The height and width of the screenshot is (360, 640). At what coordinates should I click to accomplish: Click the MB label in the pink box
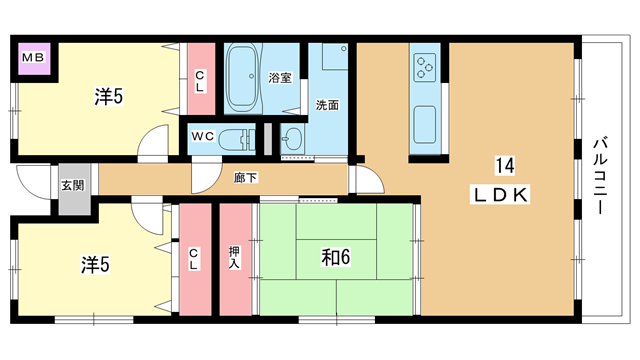tap(33, 58)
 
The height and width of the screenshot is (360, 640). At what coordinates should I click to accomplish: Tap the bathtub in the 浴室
tap(243, 78)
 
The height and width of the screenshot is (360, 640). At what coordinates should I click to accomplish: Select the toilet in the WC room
tap(237, 139)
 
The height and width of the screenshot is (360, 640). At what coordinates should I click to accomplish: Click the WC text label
tap(203, 136)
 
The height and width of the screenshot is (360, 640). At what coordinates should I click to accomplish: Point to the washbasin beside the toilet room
tap(292, 139)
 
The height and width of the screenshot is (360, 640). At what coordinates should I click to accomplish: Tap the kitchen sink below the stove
tap(425, 124)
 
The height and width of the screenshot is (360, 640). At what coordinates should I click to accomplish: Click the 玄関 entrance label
tap(73, 186)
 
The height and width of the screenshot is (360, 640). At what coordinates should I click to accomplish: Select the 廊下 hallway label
tap(245, 178)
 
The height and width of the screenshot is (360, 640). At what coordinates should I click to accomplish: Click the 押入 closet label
tap(234, 257)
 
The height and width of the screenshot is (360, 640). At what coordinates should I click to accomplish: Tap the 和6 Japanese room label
tap(336, 258)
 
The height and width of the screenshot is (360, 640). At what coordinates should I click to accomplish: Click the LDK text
tap(501, 195)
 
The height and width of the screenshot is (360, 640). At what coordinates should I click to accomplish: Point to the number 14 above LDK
tap(505, 166)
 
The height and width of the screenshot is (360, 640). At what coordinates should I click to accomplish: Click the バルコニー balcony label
tap(600, 176)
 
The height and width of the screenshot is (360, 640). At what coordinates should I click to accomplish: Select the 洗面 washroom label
tap(327, 105)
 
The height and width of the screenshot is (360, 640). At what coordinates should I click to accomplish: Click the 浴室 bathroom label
tap(280, 78)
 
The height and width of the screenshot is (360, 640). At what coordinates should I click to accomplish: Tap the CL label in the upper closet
tap(200, 81)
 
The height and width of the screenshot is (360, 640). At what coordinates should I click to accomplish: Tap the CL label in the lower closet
tap(193, 260)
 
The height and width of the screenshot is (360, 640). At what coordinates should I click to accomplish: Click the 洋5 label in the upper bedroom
tap(109, 97)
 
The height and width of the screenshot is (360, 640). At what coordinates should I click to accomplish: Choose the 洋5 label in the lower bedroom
tap(95, 265)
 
